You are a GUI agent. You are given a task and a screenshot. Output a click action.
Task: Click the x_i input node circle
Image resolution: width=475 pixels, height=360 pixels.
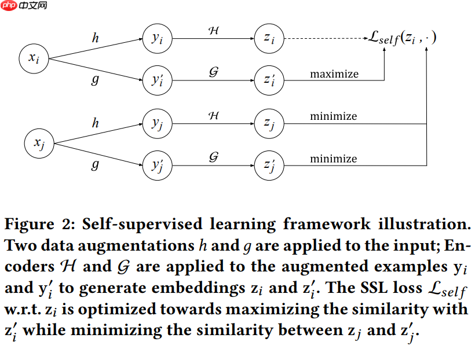pyautogui.click(x=34, y=57)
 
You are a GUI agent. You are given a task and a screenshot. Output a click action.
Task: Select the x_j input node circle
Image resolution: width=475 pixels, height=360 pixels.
pyautogui.click(x=39, y=142)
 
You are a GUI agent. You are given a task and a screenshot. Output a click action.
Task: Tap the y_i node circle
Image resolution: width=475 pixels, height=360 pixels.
pyautogui.click(x=157, y=39)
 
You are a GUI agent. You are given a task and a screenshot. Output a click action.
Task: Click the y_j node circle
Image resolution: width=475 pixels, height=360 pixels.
pyautogui.click(x=157, y=123)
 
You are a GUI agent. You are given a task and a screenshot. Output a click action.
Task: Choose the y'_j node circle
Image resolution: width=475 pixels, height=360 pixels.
pyautogui.click(x=157, y=166)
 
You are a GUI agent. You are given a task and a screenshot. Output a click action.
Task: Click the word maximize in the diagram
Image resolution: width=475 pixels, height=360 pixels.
pyautogui.click(x=334, y=74)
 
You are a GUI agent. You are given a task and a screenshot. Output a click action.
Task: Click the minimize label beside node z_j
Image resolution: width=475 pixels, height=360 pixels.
pyautogui.click(x=333, y=116)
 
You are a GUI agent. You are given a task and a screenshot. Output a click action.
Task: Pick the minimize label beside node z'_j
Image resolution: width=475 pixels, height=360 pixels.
pyautogui.click(x=333, y=159)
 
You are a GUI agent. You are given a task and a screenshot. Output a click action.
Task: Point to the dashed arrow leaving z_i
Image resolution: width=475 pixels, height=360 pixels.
pyautogui.click(x=324, y=39)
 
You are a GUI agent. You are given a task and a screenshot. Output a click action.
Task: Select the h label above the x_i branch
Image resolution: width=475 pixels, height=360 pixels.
pyautogui.click(x=95, y=39)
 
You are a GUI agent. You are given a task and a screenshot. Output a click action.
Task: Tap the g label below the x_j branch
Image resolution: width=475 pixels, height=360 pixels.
pyautogui.click(x=95, y=165)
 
